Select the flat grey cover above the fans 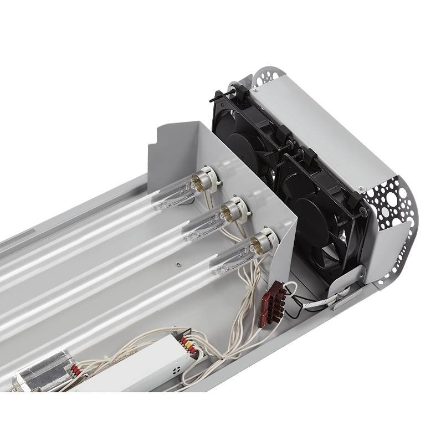tap(321, 127)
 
